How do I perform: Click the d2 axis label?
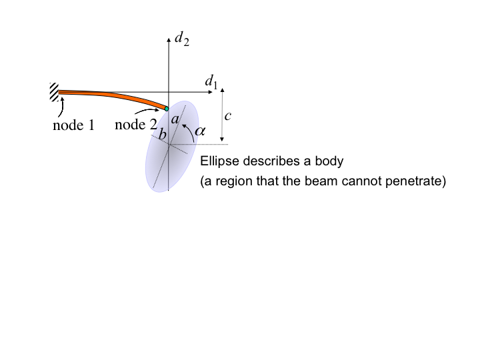pyautogui.click(x=181, y=40)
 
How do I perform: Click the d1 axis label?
pyautogui.click(x=211, y=82)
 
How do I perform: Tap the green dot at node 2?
pyautogui.click(x=167, y=109)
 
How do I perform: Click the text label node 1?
pyautogui.click(x=73, y=125)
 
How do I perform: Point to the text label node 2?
pyautogui.click(x=136, y=124)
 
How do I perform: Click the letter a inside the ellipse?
pyautogui.click(x=175, y=119)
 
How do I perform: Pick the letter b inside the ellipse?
pyautogui.click(x=161, y=135)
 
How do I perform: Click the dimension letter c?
pyautogui.click(x=227, y=116)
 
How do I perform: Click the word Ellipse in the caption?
pyautogui.click(x=217, y=162)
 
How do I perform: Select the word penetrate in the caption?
pyautogui.click(x=415, y=181)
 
